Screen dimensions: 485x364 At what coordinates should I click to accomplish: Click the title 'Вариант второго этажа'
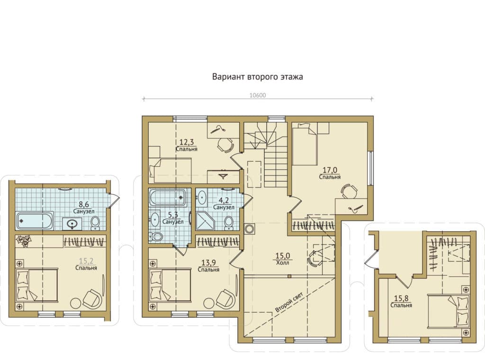[x=257, y=76]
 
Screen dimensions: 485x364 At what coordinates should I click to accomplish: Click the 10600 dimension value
[x=258, y=95]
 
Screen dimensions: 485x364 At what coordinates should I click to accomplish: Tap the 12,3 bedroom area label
[x=187, y=145]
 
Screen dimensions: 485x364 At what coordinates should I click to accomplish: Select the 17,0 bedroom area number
[x=330, y=170]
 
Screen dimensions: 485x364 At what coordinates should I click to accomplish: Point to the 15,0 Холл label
[x=282, y=259]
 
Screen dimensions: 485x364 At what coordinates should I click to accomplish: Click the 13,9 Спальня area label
[x=208, y=266]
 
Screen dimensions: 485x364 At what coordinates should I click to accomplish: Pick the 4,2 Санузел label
[x=224, y=204]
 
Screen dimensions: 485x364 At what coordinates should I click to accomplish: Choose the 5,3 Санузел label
[x=173, y=218]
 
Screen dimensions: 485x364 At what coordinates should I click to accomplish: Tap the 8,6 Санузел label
[x=84, y=208]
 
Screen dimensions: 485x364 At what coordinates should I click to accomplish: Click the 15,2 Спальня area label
[x=86, y=264]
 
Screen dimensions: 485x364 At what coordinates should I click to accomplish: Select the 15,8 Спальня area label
[x=401, y=302]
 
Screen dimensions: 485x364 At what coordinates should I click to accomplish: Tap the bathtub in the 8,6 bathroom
[x=35, y=221]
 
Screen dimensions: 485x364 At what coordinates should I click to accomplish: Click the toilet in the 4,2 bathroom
[x=229, y=223]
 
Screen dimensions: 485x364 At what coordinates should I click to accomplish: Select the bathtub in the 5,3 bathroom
[x=168, y=198]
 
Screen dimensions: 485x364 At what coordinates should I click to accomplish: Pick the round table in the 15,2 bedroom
[x=76, y=303]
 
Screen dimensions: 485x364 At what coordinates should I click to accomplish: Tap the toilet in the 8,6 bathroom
[x=95, y=223]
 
